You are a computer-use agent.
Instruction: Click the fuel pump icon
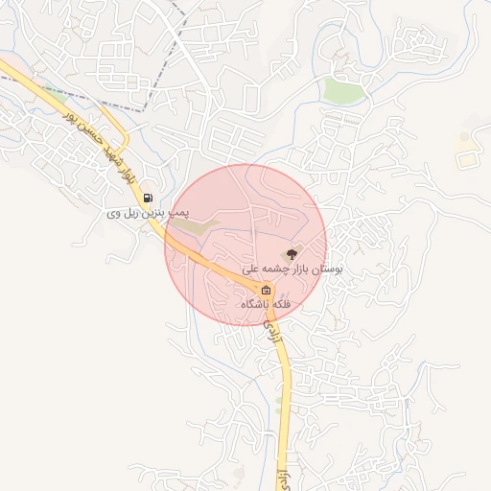[148, 199]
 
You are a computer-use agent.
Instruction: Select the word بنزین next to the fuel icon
[157, 212]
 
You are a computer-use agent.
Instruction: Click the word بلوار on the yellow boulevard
[127, 175]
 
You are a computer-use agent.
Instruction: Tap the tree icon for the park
[292, 254]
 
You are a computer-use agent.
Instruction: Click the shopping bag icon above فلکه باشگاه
[266, 290]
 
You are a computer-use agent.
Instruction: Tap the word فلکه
[281, 304]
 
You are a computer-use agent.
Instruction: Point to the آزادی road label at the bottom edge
[281, 479]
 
